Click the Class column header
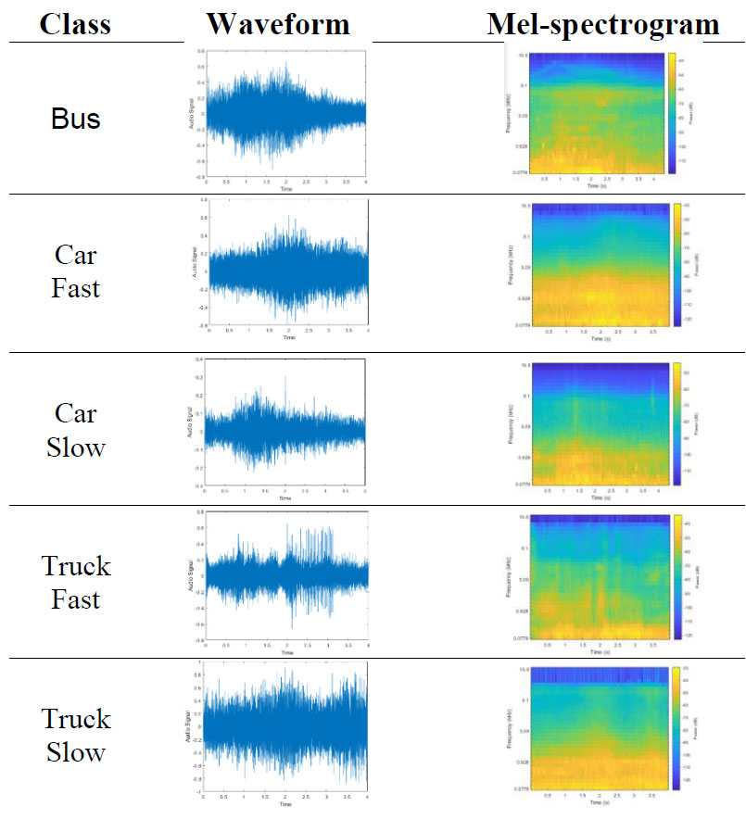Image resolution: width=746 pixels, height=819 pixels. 76,24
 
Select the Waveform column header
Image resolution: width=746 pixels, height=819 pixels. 278,24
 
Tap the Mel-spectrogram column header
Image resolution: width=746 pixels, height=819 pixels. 602,24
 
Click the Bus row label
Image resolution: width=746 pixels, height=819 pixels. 76,120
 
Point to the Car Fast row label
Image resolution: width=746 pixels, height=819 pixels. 76,271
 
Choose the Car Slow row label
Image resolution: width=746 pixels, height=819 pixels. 76,430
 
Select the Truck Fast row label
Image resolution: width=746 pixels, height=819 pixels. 76,583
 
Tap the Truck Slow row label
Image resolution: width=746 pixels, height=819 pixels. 76,736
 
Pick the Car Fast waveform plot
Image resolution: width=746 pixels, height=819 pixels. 287,269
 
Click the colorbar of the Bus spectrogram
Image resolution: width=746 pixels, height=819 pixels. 670,111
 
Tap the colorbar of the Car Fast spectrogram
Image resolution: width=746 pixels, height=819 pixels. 676,264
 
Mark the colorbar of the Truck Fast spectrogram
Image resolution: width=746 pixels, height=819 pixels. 676,576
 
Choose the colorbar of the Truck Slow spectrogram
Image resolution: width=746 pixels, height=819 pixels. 676,727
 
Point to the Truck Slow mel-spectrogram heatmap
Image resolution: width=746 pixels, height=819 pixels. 588,727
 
